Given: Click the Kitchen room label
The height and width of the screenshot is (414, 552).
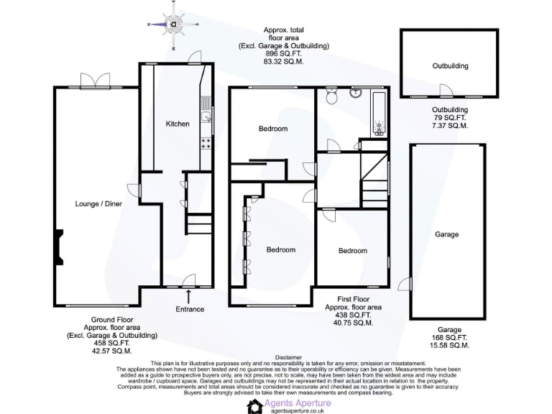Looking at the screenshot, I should point(178,124).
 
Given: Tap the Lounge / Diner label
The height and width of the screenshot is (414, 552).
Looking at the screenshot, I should point(99,203).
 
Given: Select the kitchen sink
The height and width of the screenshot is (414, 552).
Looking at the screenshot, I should point(206,116).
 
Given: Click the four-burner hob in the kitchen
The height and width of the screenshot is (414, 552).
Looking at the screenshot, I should point(206,142).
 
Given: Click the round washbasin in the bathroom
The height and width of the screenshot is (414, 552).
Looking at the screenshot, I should point(355,93).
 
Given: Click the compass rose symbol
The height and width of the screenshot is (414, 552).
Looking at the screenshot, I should point(173,24).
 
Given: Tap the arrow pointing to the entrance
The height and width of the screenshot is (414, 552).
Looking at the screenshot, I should point(188,295).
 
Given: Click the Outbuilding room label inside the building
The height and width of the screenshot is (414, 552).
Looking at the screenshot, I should point(450,66).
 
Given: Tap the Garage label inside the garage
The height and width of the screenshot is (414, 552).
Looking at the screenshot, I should point(446,234).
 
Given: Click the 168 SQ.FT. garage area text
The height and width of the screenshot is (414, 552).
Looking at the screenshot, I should point(446,338).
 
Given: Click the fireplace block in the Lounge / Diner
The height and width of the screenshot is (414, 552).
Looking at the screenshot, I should point(57,244).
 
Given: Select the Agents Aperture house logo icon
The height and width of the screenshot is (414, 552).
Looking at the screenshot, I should point(255,407).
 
